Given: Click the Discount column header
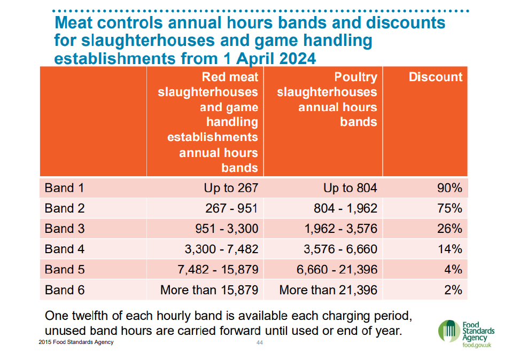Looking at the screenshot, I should click(435, 77).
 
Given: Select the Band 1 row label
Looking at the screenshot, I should click(64, 188).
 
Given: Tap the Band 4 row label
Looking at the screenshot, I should click(64, 249).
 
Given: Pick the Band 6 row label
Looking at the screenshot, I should click(64, 290).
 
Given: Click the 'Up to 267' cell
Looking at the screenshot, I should click(230, 188).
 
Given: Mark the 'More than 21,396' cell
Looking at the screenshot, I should click(328, 290).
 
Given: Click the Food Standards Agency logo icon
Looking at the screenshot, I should click(448, 332).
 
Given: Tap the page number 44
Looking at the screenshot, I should click(260, 342).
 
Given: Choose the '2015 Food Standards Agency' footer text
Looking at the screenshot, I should click(76, 342).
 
